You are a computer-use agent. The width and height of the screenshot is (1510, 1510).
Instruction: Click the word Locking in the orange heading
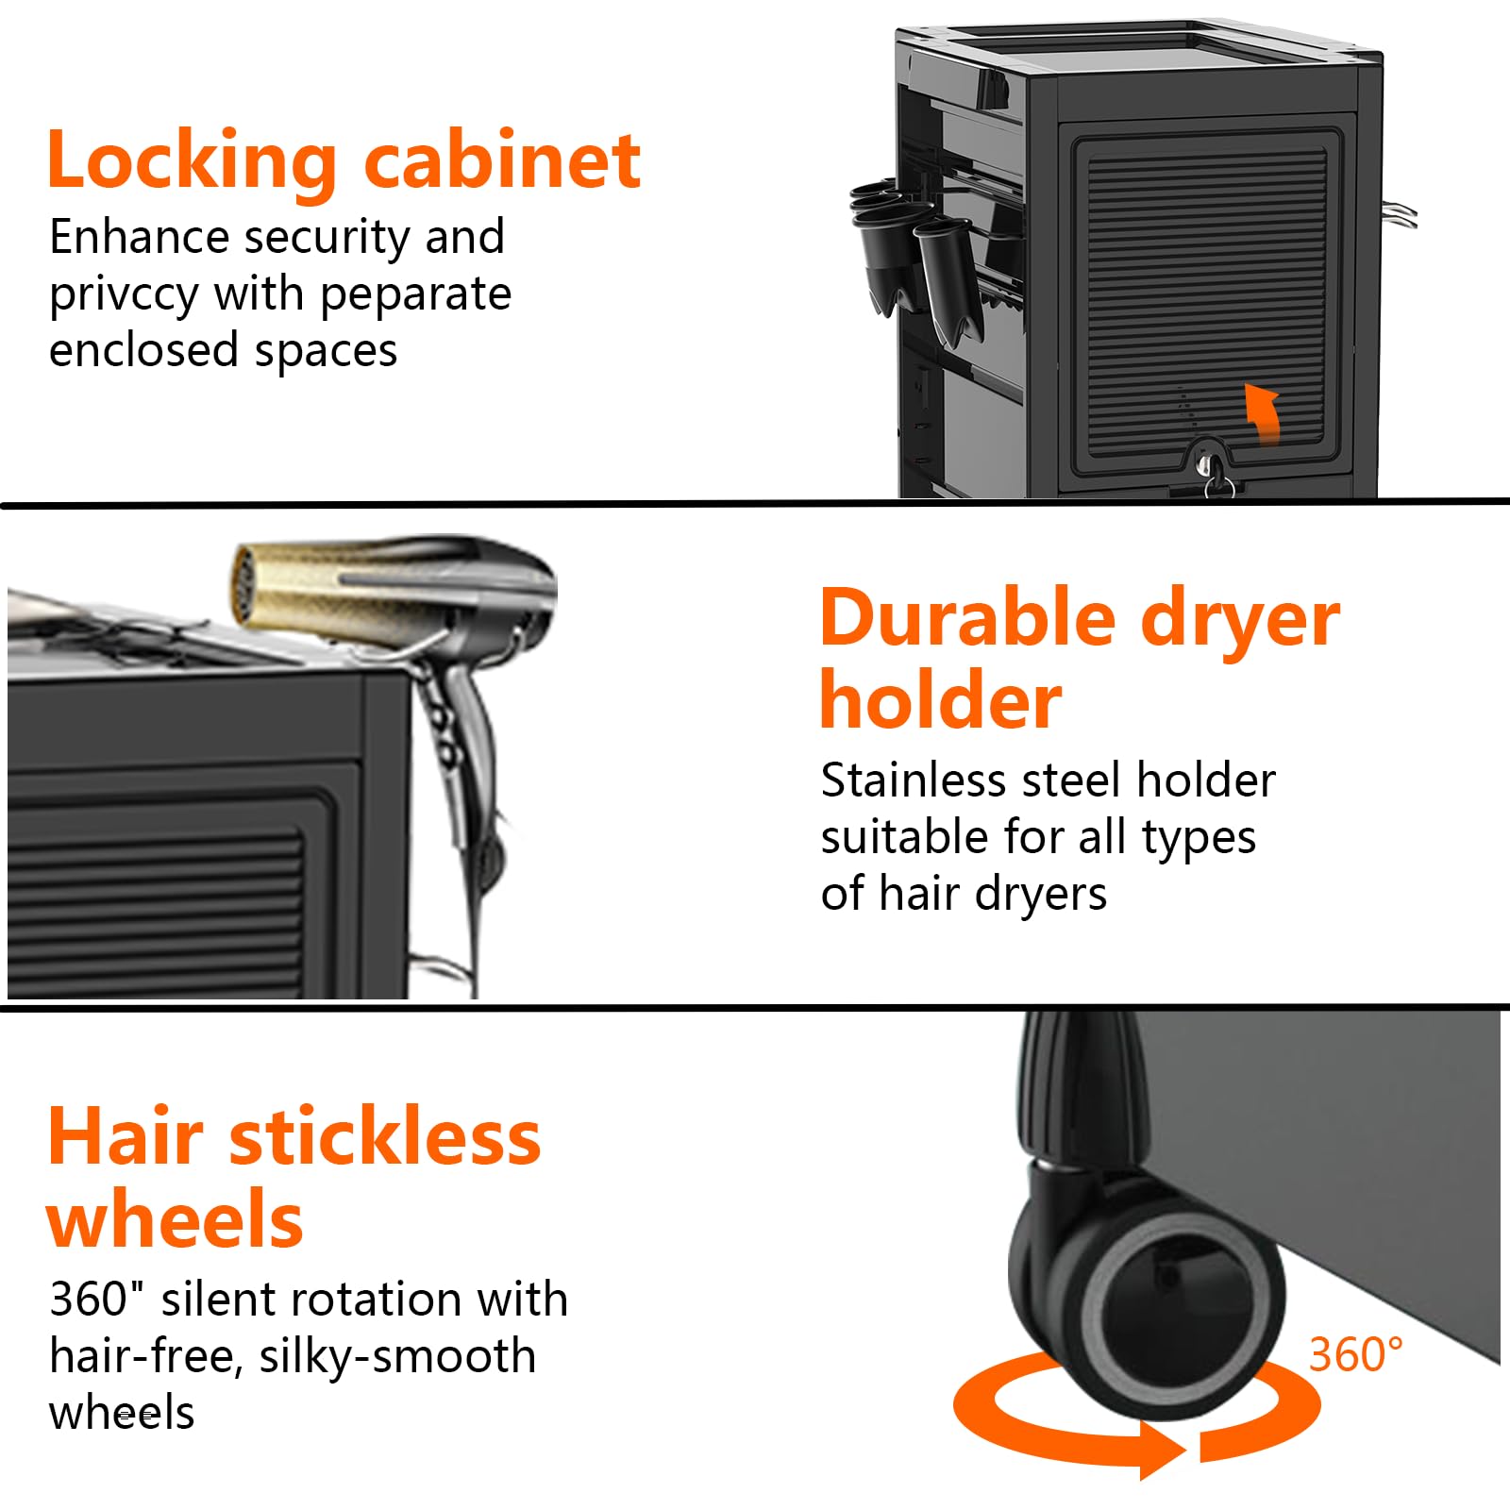[x=191, y=160]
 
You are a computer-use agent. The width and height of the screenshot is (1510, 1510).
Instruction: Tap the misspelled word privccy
[x=124, y=294]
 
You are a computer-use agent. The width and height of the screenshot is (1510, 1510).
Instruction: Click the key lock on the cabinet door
[x=1207, y=464]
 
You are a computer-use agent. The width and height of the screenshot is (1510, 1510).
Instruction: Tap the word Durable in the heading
[x=968, y=618]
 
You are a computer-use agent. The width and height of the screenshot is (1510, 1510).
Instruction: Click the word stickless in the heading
[x=385, y=1136]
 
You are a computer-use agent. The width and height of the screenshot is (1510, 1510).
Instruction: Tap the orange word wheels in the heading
[x=175, y=1219]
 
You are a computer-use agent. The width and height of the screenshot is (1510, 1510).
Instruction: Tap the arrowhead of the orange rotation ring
[x=1161, y=1450]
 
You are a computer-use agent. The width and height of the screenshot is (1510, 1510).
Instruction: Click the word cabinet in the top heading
[x=503, y=160]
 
